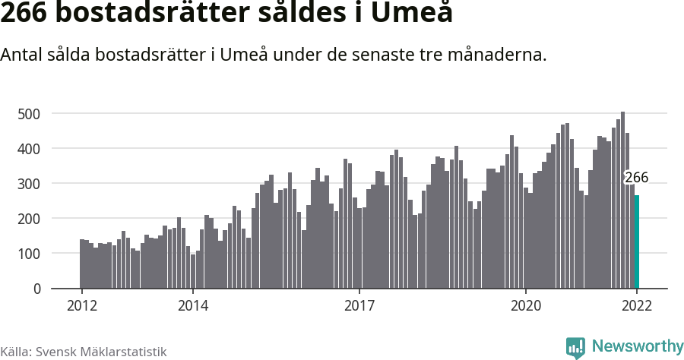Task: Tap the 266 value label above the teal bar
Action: [x=636, y=178]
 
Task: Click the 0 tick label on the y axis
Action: [x=35, y=289]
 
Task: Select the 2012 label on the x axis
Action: [x=81, y=306]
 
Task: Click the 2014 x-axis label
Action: [x=193, y=306]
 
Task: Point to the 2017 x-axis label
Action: [x=359, y=306]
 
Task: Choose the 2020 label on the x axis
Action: [x=526, y=306]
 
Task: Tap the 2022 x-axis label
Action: [x=637, y=306]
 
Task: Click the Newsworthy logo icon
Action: [x=575, y=348]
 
